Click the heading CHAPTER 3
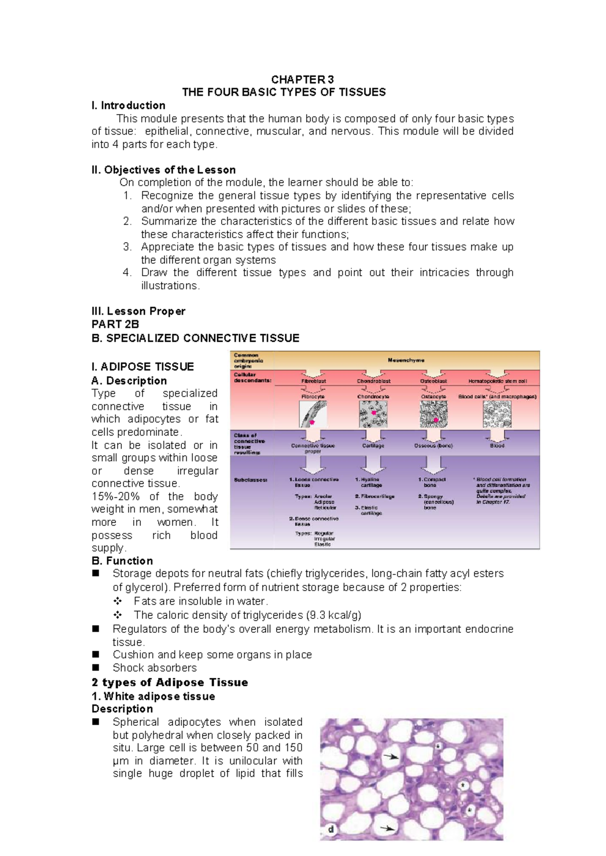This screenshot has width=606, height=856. [302, 79]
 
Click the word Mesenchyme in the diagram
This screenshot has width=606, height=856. [406, 360]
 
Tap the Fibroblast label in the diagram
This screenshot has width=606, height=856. [314, 381]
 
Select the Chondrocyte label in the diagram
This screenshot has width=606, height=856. [373, 397]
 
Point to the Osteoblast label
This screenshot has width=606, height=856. [433, 381]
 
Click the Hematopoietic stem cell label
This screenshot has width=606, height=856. [497, 381]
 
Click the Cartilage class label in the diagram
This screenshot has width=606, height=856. [373, 446]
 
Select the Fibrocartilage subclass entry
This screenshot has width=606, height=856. [375, 496]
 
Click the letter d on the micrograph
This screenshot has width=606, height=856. [331, 829]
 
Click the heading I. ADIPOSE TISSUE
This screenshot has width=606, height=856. [142, 366]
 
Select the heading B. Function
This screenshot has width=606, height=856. [122, 561]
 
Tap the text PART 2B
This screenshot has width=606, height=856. [115, 324]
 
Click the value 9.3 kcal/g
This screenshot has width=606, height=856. [333, 615]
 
